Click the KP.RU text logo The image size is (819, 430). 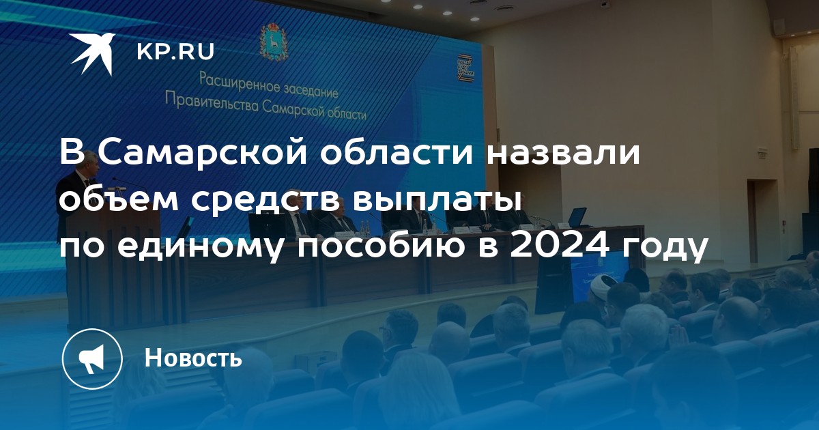click(x=175, y=52)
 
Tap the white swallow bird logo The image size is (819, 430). click(x=92, y=53)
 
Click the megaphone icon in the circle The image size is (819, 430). click(x=91, y=359)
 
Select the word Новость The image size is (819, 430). click(x=193, y=357)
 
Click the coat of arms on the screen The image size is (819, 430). click(x=274, y=42)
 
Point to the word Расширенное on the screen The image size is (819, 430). click(x=240, y=83)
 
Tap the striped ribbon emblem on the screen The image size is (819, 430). click(x=466, y=68)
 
